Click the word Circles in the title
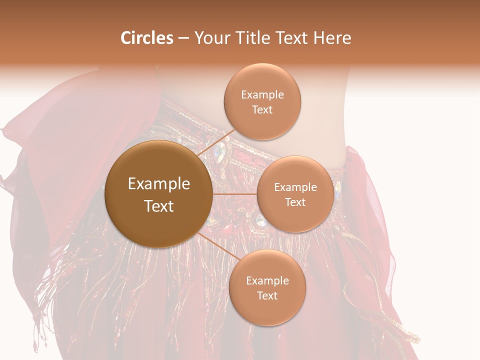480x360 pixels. (x=146, y=38)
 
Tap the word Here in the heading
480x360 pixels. (x=332, y=38)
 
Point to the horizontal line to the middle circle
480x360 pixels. (x=234, y=194)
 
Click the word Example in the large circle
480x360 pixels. (x=159, y=184)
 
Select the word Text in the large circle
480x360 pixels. (x=159, y=206)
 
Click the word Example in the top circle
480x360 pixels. (x=262, y=95)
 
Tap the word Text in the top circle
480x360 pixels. (x=262, y=109)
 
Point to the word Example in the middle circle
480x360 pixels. (x=295, y=187)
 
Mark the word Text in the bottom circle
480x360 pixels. (x=267, y=295)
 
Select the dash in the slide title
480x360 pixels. (x=183, y=38)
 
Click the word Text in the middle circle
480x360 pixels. (x=295, y=202)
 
